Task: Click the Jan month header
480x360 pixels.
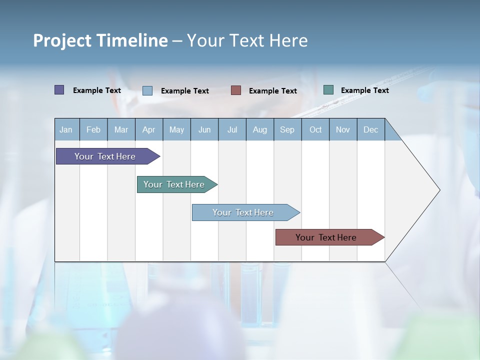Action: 66,129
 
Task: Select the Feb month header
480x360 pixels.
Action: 93,129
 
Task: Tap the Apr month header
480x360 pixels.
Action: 148,129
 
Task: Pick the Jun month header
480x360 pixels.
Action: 204,129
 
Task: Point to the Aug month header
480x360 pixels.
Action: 259,129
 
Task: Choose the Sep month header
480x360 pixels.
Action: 287,129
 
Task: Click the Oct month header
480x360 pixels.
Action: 315,129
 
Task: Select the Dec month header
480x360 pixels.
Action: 370,129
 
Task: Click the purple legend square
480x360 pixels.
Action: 59,90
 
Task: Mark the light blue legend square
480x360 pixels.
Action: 147,90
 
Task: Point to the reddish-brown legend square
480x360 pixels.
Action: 236,90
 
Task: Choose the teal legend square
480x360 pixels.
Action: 328,90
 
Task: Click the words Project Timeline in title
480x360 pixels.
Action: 100,40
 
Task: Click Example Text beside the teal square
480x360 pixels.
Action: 364,90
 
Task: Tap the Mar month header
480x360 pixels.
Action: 121,129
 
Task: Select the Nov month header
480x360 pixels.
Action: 343,129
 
